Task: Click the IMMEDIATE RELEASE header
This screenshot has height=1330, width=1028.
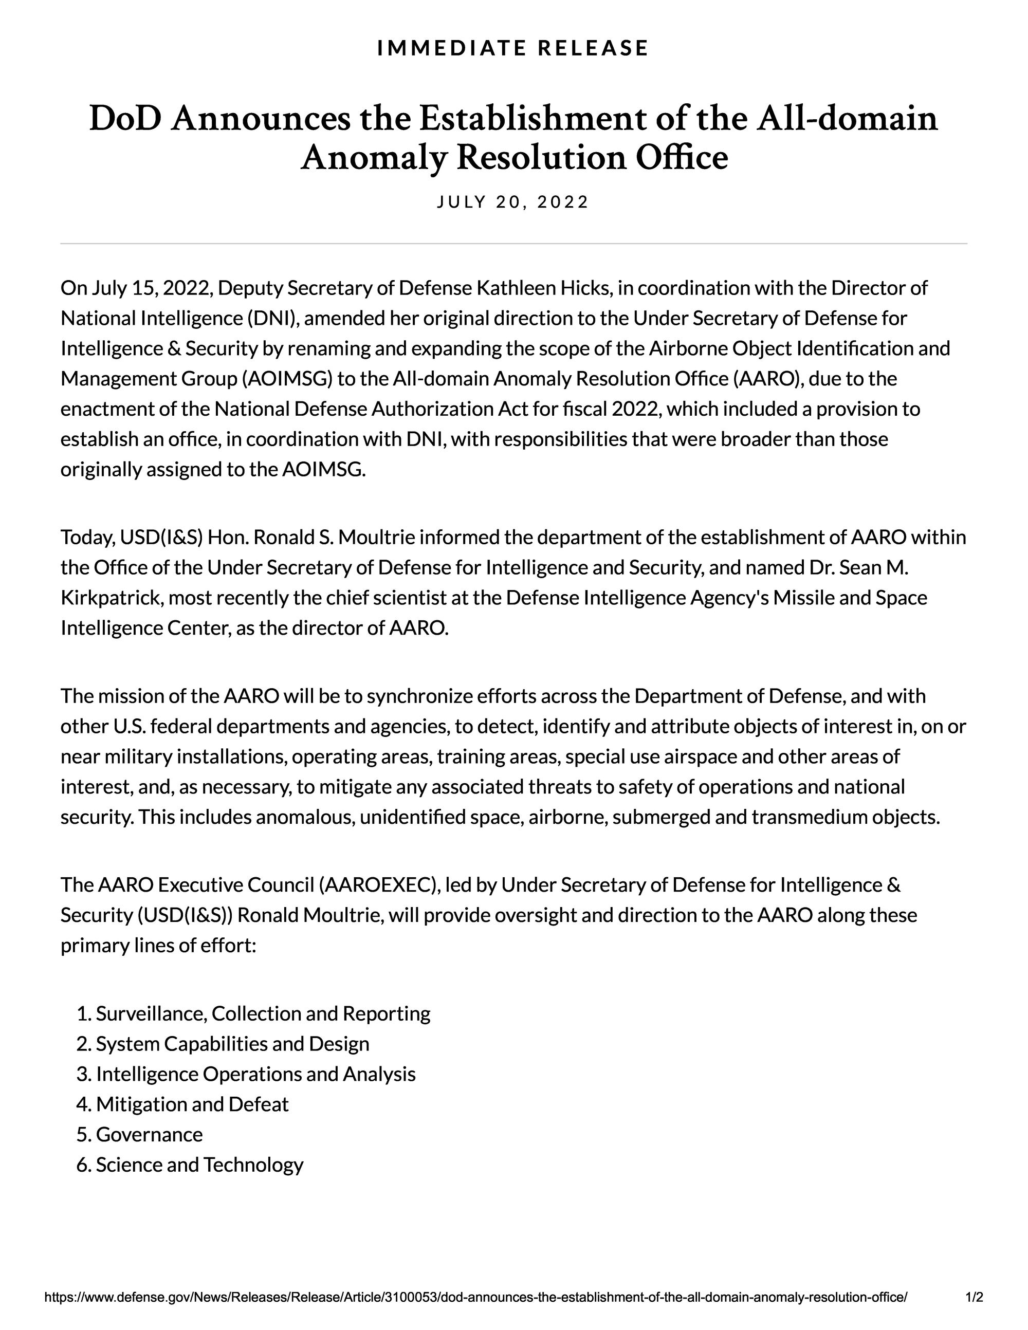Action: click(x=513, y=48)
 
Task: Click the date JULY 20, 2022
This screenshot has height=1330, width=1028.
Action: click(x=513, y=202)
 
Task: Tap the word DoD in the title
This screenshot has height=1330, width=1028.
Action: click(x=125, y=119)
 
